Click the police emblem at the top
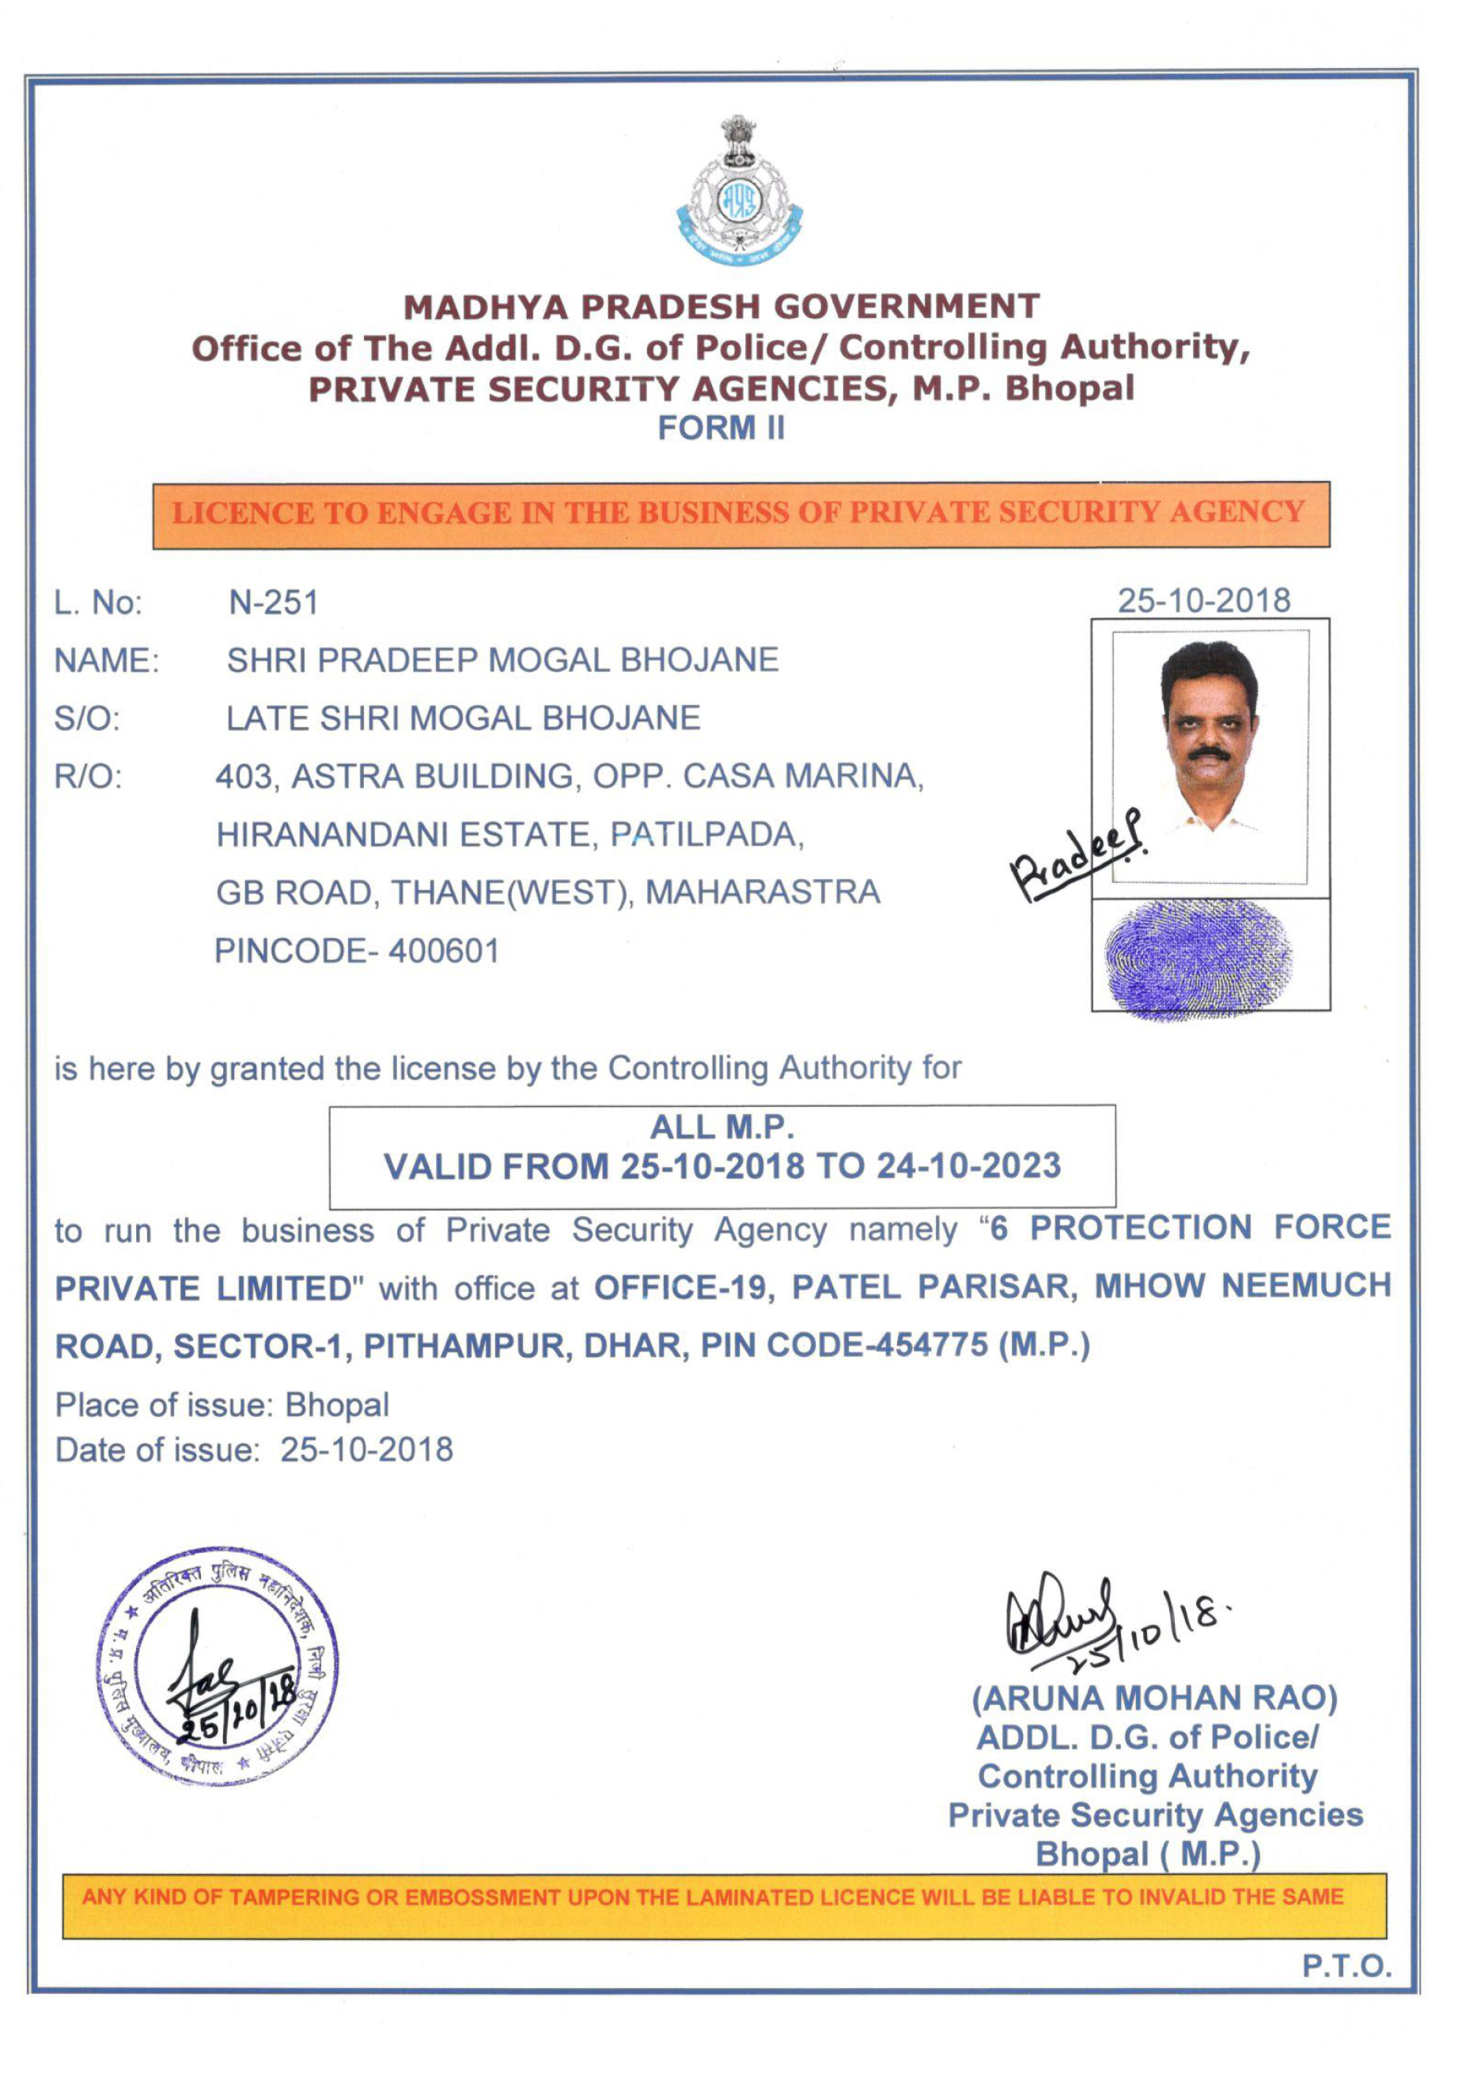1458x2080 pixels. [739, 192]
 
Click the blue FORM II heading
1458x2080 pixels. [721, 427]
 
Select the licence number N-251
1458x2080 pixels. [274, 602]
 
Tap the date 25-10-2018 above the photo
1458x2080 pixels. [1203, 601]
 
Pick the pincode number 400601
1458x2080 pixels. [444, 951]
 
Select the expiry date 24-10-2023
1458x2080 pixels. [968, 1166]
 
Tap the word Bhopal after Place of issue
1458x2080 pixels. [337, 1405]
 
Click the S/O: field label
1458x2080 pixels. [87, 719]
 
